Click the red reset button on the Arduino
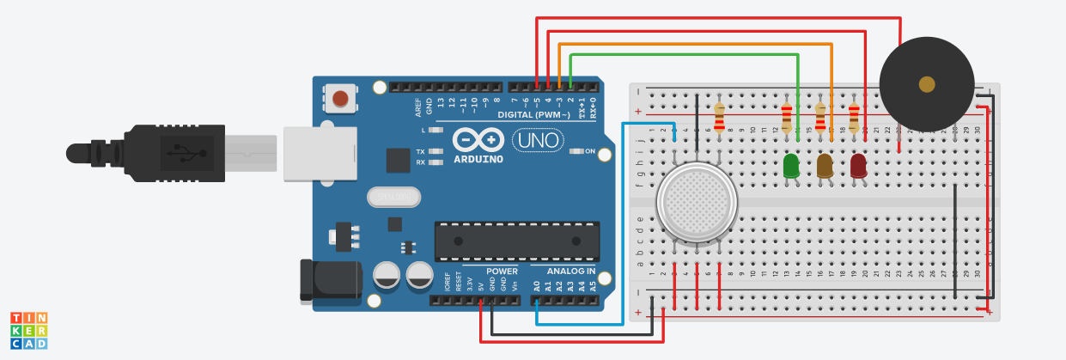point(342,98)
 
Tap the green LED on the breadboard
point(791,165)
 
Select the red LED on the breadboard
point(858,165)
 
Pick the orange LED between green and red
point(825,165)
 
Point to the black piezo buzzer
point(926,84)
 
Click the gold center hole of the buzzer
point(926,84)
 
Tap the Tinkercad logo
point(28,330)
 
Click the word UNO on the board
point(538,139)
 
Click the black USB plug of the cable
point(172,153)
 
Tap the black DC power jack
point(329,280)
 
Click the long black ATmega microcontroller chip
point(516,241)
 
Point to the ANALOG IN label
point(571,272)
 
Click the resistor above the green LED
point(786,118)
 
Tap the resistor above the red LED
point(853,118)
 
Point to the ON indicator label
point(590,151)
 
